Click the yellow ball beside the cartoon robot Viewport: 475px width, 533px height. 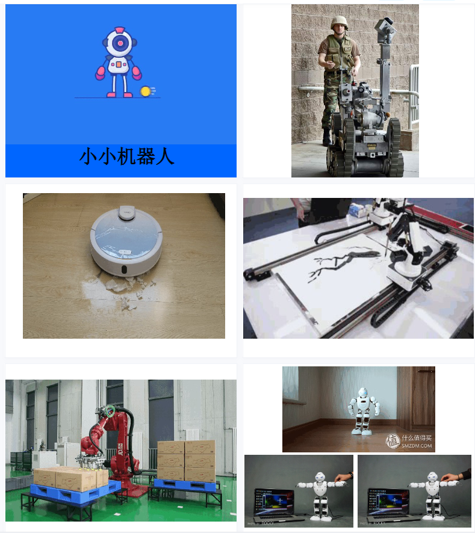(145, 91)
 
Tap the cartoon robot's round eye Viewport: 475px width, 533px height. (120, 43)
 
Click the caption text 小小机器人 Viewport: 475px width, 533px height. (127, 156)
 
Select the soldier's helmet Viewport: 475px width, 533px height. (340, 22)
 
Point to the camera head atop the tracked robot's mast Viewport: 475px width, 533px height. (383, 26)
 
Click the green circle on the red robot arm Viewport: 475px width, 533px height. (109, 411)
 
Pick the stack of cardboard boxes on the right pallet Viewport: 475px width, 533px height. (186, 460)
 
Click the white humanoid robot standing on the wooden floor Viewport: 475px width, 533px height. (362, 411)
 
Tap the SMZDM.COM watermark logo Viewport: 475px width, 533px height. (409, 442)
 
